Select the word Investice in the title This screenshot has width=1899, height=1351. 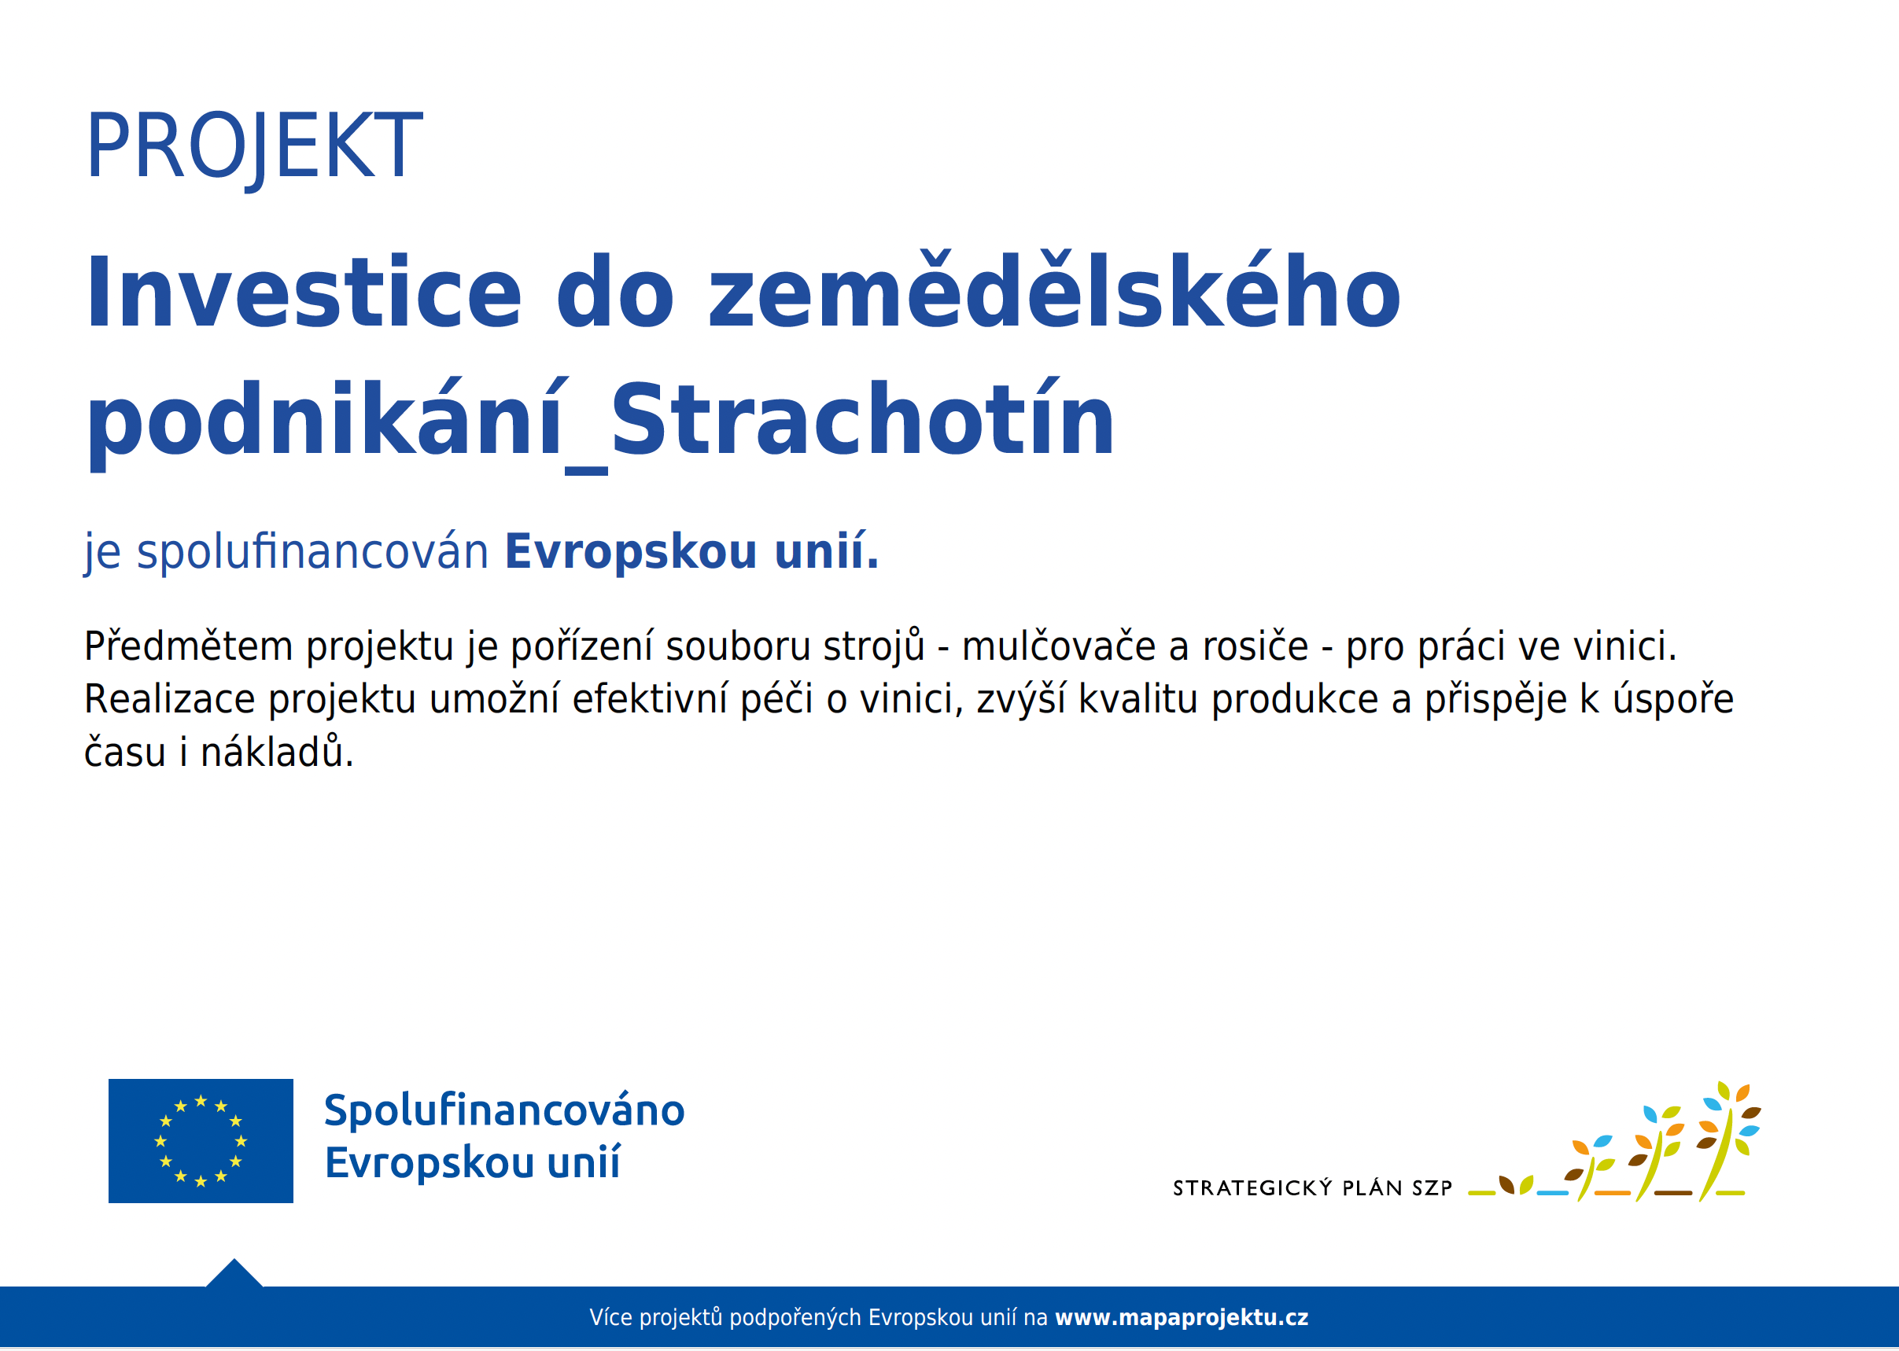pyautogui.click(x=304, y=292)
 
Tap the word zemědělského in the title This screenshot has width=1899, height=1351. pyautogui.click(x=1054, y=290)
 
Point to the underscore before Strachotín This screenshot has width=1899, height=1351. pyautogui.click(x=586, y=472)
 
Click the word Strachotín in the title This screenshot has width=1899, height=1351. pyautogui.click(x=862, y=419)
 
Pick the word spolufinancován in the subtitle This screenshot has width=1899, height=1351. pyautogui.click(x=312, y=551)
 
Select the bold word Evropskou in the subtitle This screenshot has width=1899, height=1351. pyautogui.click(x=631, y=551)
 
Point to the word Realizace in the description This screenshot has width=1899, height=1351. pyautogui.click(x=170, y=699)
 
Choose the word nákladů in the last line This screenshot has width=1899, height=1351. pyautogui.click(x=277, y=751)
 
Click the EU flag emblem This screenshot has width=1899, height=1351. pyautogui.click(x=201, y=1140)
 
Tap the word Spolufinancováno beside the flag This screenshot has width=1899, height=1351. pyautogui.click(x=504, y=1110)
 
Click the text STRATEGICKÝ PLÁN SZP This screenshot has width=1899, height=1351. pyautogui.click(x=1312, y=1188)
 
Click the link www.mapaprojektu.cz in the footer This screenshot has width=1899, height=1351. pyautogui.click(x=1182, y=1318)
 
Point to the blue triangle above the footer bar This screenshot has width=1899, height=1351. pyautogui.click(x=234, y=1274)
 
